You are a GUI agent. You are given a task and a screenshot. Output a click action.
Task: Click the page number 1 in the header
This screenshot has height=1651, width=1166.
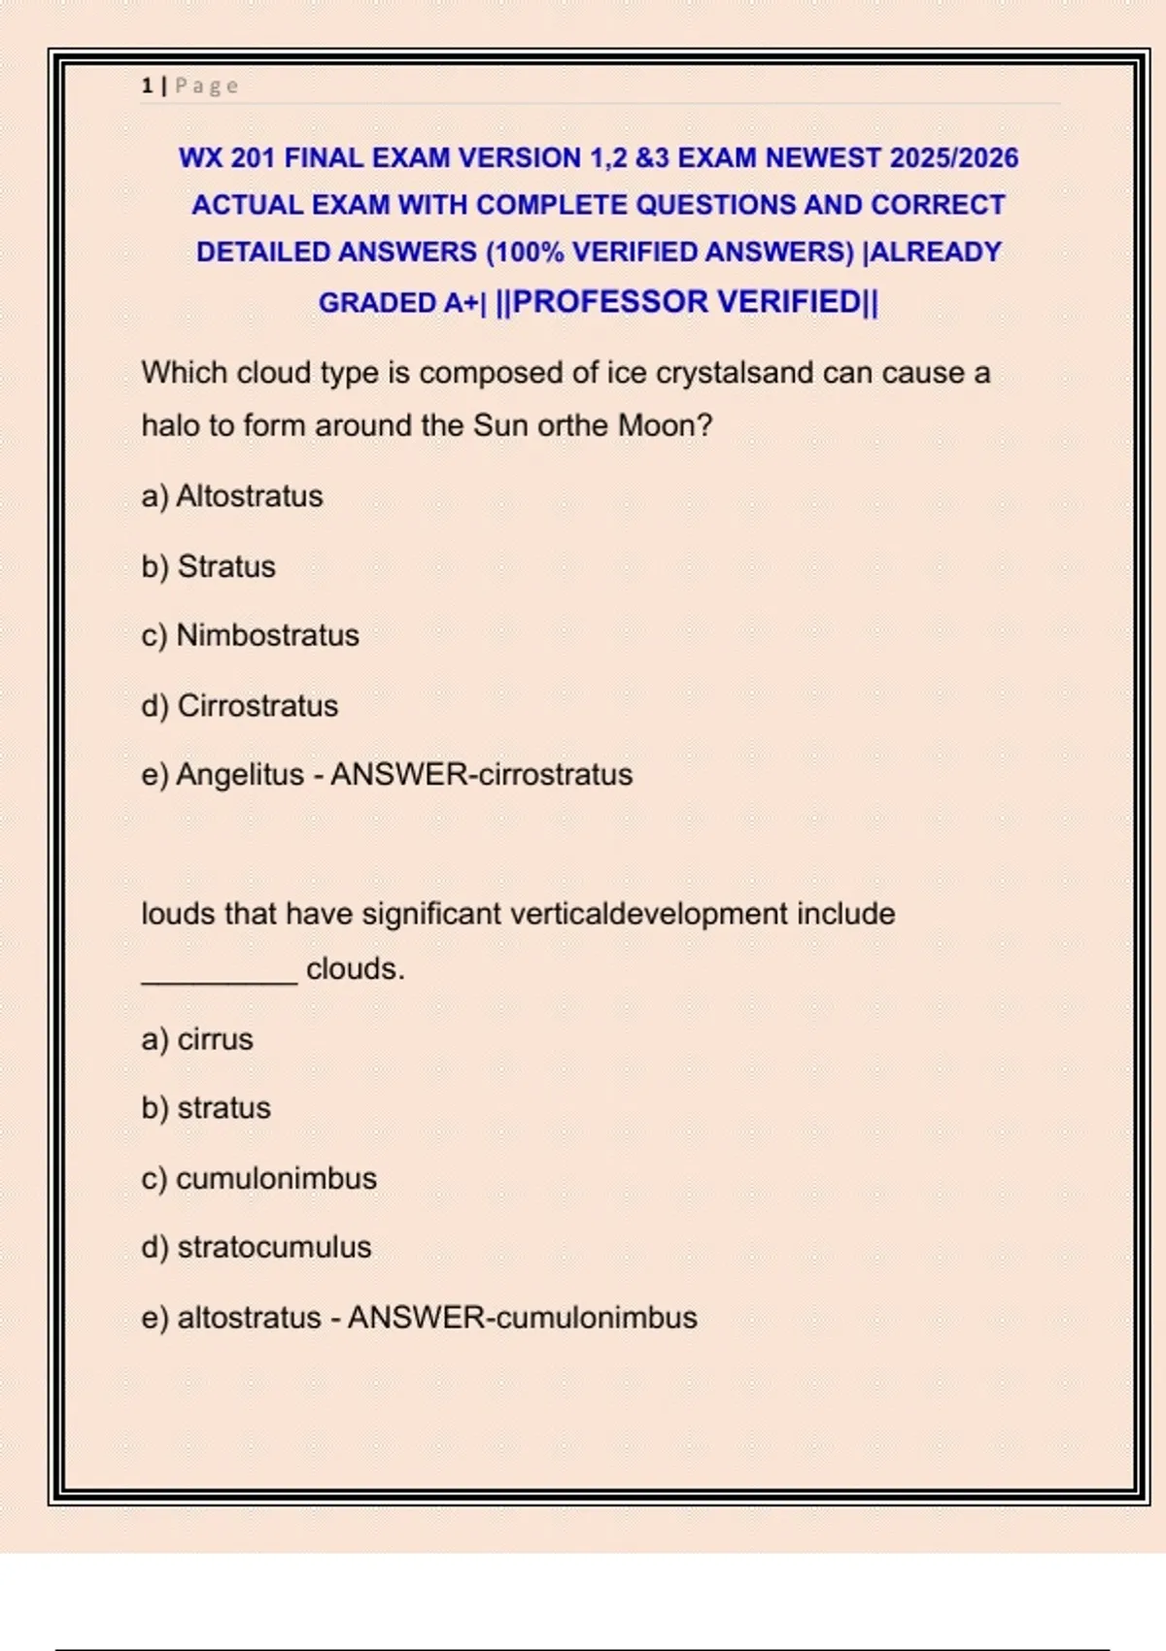[147, 86]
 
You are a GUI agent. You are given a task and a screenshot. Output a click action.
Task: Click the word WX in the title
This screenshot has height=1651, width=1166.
[200, 157]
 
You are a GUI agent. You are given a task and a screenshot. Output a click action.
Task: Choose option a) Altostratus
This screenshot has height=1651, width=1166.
[232, 496]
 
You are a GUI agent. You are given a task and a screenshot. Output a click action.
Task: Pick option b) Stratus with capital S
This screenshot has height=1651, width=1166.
[209, 566]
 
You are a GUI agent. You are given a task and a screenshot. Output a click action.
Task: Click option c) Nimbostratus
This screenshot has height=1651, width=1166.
[250, 635]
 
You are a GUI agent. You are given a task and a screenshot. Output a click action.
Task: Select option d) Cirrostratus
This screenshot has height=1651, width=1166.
[240, 705]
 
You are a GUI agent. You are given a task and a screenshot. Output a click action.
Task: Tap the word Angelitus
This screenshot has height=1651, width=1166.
[240, 775]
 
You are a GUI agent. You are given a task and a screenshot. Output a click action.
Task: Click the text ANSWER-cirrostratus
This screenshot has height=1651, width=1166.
[482, 775]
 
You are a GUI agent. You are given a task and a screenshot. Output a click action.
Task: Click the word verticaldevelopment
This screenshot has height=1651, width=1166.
[649, 914]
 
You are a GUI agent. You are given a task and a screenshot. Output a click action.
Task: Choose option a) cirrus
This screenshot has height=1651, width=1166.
[197, 1039]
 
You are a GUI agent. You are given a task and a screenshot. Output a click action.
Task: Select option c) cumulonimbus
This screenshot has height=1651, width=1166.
[258, 1178]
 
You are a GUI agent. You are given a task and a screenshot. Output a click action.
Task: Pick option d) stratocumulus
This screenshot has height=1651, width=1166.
[257, 1247]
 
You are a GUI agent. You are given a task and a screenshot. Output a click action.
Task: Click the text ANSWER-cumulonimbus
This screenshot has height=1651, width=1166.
[523, 1317]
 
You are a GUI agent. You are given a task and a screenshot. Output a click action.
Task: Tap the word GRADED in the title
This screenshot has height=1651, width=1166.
[378, 303]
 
